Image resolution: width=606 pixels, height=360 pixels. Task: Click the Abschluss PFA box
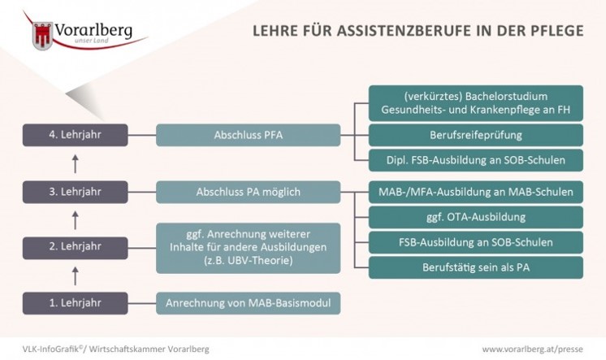[x=249, y=133]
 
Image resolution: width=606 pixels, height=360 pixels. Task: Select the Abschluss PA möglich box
[x=249, y=192]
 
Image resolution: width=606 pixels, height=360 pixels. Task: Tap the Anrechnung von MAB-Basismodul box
[x=249, y=304]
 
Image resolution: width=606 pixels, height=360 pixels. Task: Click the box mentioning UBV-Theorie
[x=249, y=248]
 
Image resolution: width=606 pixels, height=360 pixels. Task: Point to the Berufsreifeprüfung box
[x=475, y=133]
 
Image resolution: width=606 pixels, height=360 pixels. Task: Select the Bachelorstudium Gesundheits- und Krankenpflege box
[x=475, y=102]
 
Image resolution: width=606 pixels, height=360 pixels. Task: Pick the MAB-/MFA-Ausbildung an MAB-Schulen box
[x=475, y=192]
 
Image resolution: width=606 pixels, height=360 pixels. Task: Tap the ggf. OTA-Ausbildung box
[x=475, y=217]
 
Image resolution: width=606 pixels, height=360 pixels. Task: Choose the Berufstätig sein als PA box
[x=475, y=267]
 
